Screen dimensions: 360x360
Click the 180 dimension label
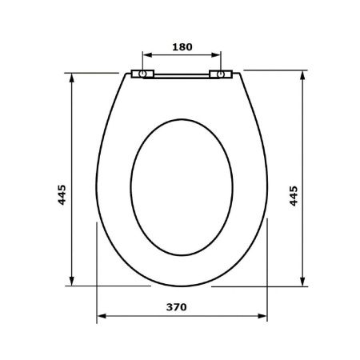(182, 47)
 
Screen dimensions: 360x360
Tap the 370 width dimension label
(177, 307)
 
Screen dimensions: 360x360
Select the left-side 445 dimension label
(62, 194)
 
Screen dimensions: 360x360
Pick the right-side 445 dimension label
(294, 196)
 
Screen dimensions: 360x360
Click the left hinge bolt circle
(142, 74)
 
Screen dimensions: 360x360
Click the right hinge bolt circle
(221, 74)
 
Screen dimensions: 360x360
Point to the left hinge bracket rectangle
(142, 74)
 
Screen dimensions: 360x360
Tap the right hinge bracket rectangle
(221, 74)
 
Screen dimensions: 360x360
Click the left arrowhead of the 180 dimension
(147, 55)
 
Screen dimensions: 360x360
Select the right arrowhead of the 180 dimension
(216, 55)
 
